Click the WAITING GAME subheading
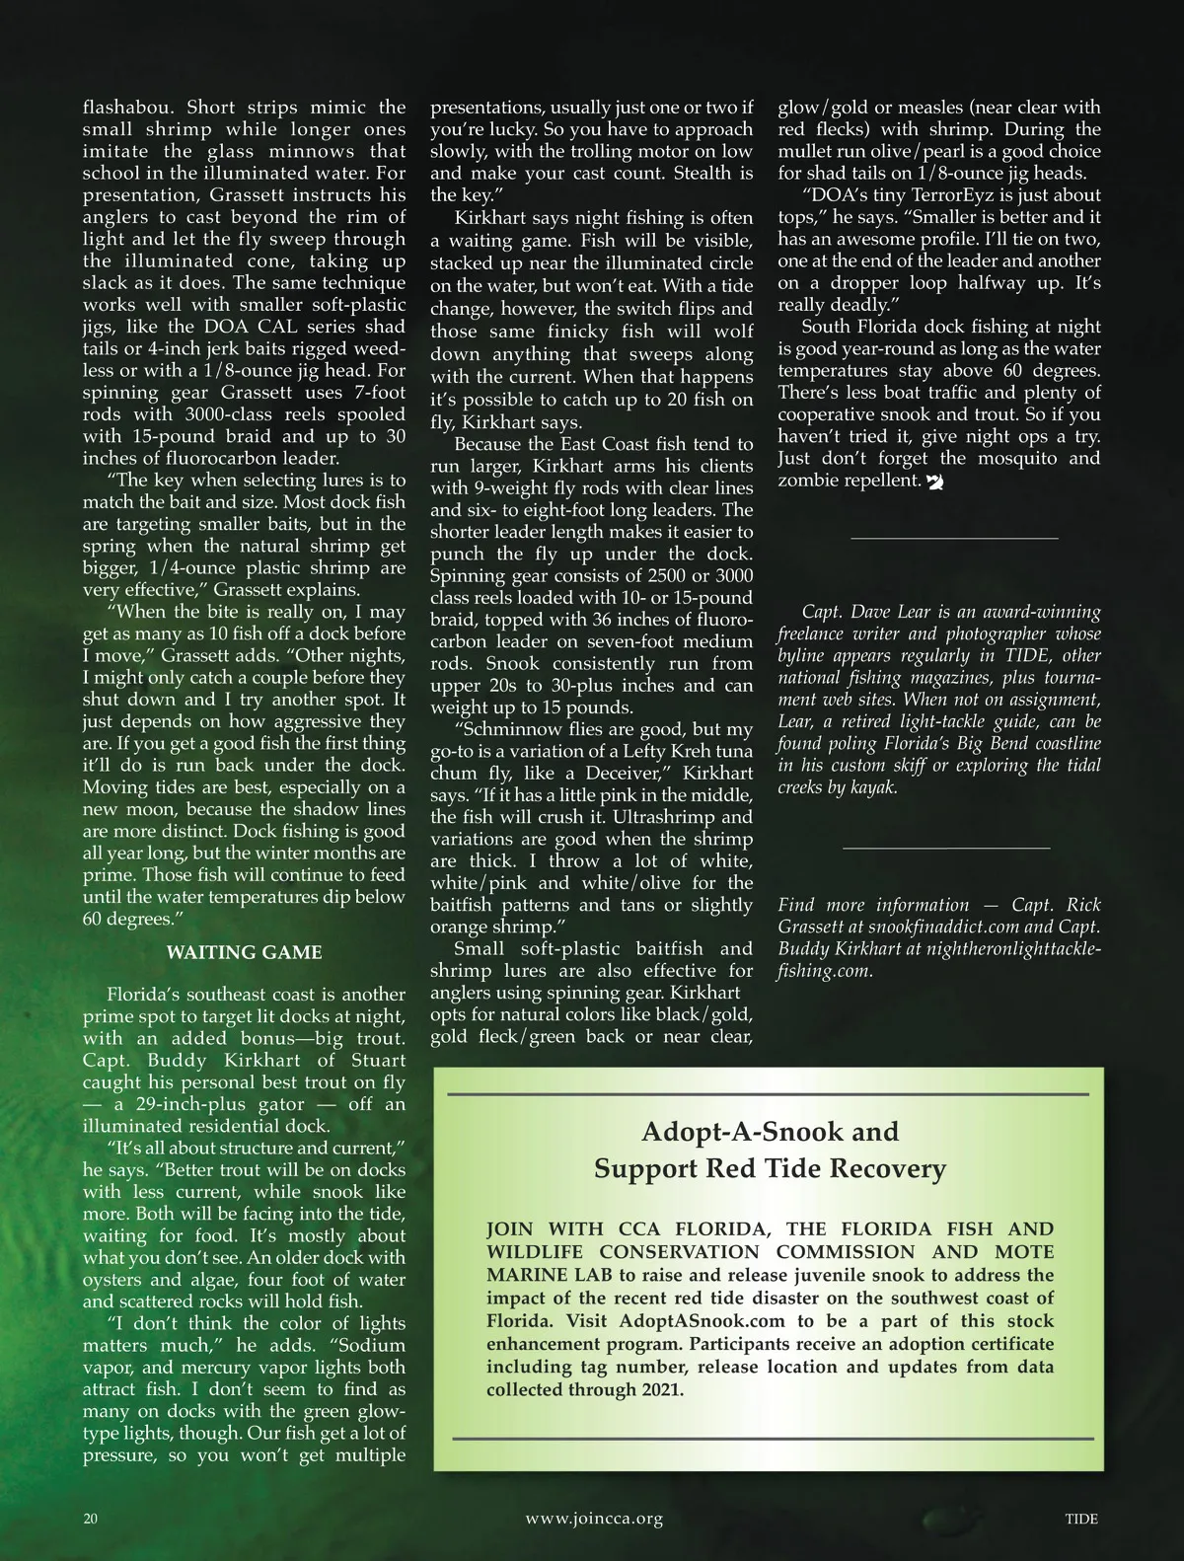(244, 952)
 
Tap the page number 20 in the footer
(91, 1519)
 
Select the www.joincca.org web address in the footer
(594, 1519)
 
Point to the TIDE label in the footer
(1081, 1519)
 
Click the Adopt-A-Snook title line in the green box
(770, 1132)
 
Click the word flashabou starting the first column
(129, 108)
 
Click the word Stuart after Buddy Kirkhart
(378, 1061)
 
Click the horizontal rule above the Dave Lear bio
(953, 539)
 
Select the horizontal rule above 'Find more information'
(946, 849)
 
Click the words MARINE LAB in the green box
(549, 1275)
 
